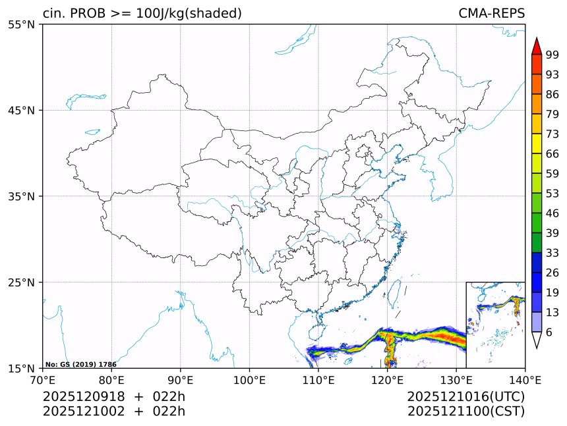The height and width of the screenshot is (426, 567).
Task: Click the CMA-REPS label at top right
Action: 491,13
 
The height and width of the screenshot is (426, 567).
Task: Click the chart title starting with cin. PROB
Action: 142,13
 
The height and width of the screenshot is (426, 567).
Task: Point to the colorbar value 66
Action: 552,154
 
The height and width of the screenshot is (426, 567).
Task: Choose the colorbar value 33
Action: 552,253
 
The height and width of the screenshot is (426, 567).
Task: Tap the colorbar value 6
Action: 549,333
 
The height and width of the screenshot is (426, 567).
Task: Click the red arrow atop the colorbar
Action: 537,46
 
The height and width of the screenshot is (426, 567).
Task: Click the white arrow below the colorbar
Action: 537,340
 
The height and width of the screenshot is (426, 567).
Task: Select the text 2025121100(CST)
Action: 465,412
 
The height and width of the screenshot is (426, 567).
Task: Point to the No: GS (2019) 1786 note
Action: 81,364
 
